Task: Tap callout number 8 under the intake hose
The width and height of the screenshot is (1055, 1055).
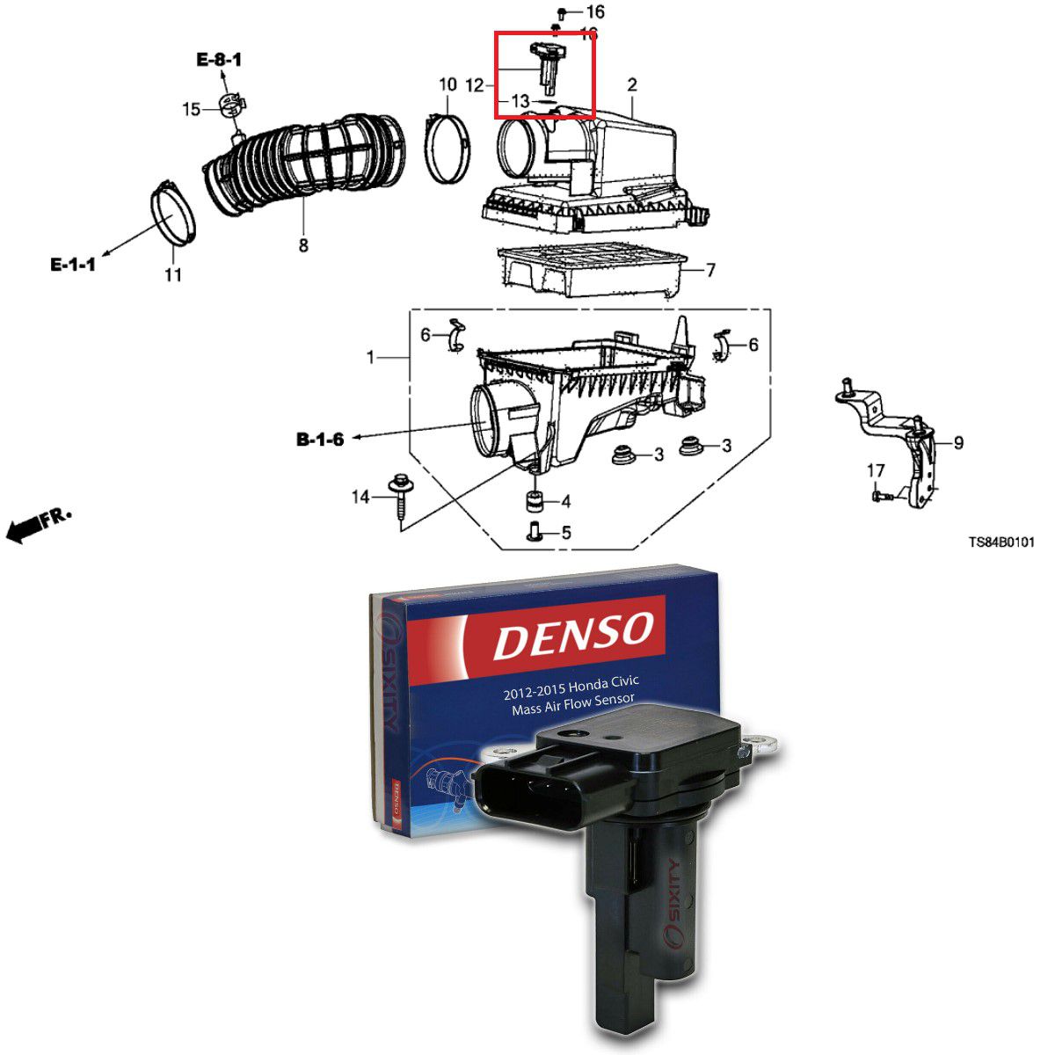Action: tap(303, 245)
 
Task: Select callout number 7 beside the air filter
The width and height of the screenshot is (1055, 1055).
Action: tap(710, 270)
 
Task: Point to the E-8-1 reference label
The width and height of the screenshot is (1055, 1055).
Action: tap(219, 60)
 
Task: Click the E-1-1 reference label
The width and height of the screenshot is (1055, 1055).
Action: tap(73, 264)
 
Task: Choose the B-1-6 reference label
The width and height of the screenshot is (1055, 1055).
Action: tap(320, 439)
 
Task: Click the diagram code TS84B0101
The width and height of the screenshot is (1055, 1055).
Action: tap(1001, 542)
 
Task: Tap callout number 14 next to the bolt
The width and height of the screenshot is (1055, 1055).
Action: tap(360, 498)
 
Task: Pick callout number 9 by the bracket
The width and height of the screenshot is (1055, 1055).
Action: tap(957, 442)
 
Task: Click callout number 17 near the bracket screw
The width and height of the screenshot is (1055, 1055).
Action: tap(876, 471)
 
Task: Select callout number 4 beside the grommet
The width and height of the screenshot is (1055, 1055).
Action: tap(565, 502)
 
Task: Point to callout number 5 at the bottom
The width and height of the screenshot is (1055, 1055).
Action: tap(565, 533)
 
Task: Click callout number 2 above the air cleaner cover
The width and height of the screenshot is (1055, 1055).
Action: tap(632, 85)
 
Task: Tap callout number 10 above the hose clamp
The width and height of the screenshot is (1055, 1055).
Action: tap(448, 85)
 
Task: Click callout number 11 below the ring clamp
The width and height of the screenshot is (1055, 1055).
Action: tap(173, 274)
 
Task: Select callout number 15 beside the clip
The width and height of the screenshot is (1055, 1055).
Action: tap(192, 110)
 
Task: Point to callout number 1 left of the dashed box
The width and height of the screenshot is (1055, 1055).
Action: tap(371, 358)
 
